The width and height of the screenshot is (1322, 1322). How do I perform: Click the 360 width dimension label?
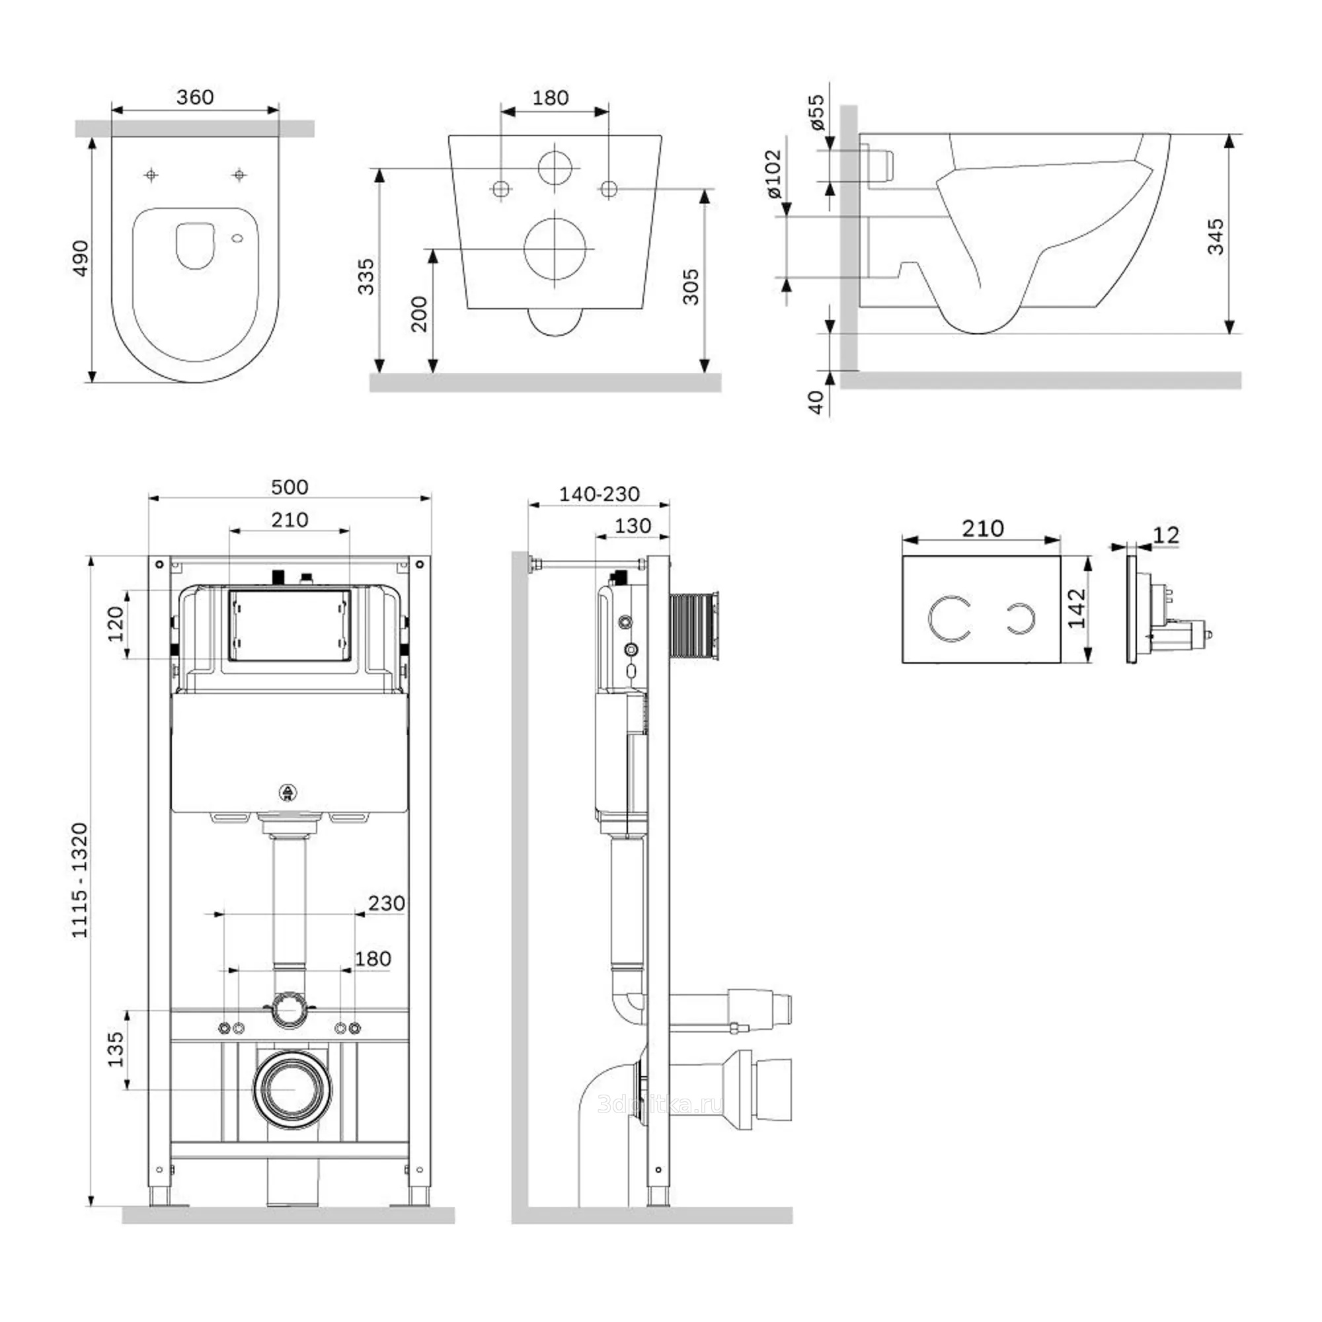click(195, 97)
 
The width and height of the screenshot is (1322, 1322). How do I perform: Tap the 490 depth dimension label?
click(81, 258)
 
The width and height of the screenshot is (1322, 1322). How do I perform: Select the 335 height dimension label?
click(367, 276)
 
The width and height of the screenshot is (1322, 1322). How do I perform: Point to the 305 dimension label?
click(691, 286)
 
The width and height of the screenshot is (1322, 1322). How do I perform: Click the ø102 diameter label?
click(773, 175)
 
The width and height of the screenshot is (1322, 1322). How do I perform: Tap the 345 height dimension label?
click(1216, 237)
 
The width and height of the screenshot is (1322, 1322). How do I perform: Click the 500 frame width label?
click(290, 487)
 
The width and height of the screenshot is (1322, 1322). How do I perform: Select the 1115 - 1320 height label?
click(81, 880)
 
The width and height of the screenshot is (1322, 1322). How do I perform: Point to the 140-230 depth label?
click(600, 494)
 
